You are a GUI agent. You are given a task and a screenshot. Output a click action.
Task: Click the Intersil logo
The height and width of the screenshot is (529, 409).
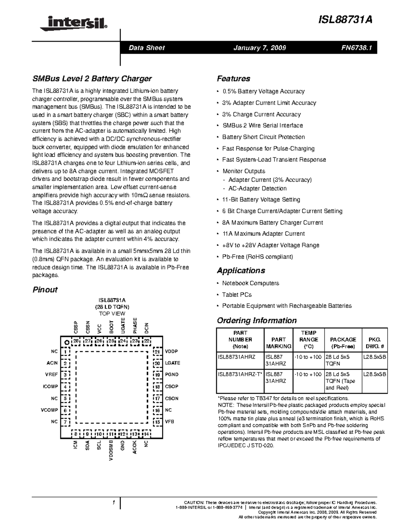click(74, 23)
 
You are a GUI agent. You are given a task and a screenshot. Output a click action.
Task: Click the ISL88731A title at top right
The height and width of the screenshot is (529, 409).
click(345, 20)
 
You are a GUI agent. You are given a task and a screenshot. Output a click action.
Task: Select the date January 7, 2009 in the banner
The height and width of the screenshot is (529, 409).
click(259, 48)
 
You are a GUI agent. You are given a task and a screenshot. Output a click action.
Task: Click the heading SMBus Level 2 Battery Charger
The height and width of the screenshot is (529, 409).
click(92, 79)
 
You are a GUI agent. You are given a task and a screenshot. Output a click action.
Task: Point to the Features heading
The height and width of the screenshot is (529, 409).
click(233, 79)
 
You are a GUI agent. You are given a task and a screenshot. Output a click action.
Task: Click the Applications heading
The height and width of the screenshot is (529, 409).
click(241, 270)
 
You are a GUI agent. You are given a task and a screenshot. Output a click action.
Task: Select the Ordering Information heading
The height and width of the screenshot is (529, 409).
click(257, 321)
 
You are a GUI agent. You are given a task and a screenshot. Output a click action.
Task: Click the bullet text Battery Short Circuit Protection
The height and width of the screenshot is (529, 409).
click(263, 137)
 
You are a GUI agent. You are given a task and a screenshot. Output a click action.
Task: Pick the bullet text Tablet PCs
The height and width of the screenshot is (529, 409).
click(237, 295)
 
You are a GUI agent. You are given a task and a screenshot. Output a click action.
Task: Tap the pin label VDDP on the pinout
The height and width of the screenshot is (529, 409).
click(171, 352)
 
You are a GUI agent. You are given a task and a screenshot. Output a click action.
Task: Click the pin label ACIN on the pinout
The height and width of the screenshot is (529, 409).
click(52, 363)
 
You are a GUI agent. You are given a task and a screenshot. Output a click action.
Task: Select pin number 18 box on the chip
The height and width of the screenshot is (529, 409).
click(157, 387)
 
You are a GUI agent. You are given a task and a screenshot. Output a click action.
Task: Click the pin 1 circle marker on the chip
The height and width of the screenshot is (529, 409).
click(67, 342)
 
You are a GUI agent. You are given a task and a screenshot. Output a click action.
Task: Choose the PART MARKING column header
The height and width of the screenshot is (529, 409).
click(278, 343)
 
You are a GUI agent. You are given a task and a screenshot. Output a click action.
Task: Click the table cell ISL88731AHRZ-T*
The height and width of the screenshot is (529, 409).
click(240, 374)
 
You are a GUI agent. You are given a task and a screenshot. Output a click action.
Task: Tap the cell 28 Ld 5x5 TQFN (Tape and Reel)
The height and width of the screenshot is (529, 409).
click(341, 381)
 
